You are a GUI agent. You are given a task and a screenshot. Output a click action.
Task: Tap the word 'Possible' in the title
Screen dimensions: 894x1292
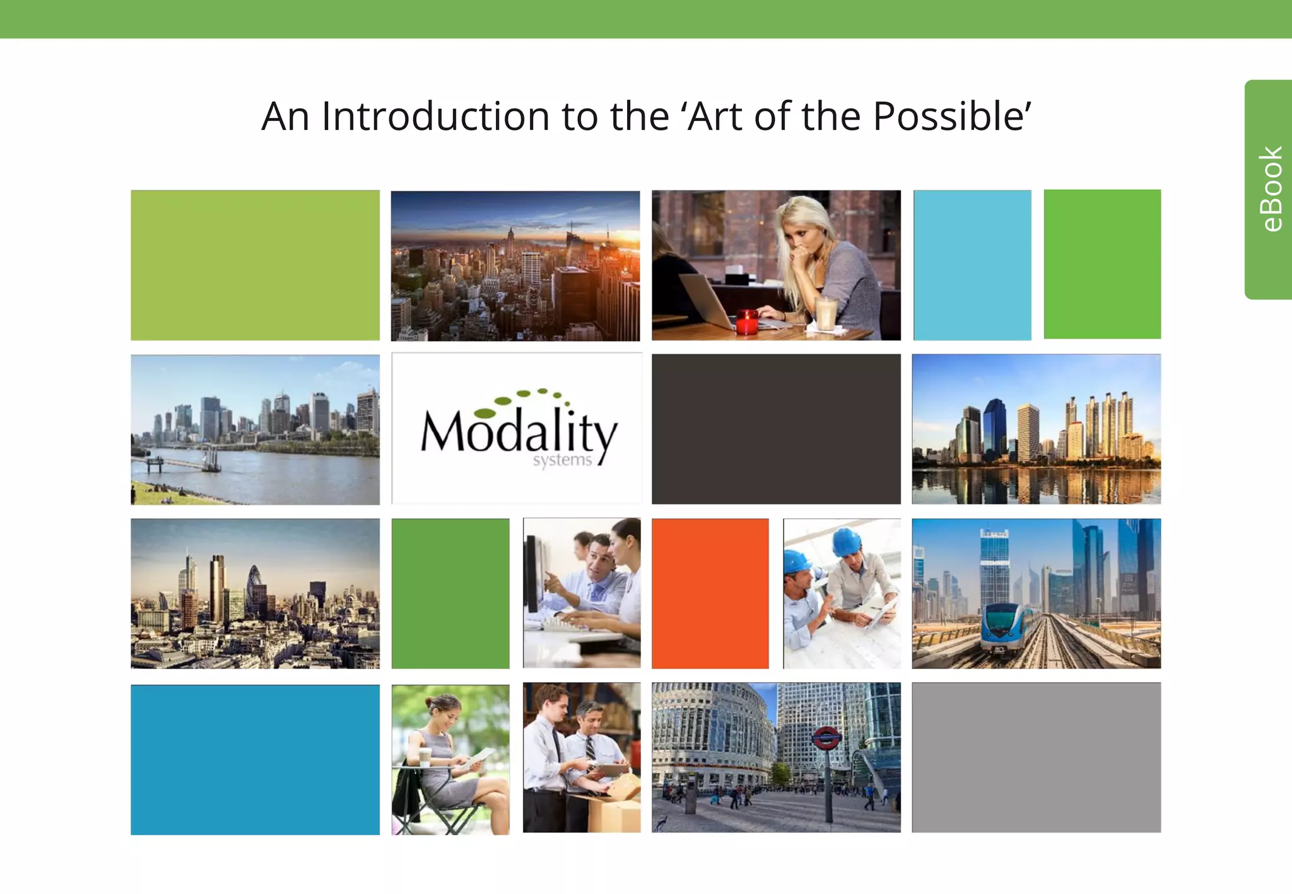click(x=951, y=117)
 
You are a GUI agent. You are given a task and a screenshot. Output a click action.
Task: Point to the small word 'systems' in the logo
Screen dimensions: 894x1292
click(x=562, y=460)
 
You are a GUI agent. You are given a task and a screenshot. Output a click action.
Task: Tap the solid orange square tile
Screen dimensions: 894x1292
click(x=710, y=593)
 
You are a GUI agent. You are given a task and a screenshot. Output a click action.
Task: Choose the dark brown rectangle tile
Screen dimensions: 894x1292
click(x=776, y=429)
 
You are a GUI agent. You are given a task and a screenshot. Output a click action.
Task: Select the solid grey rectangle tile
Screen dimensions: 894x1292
click(x=1036, y=757)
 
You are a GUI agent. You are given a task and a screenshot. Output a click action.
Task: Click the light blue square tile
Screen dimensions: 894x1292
click(x=972, y=265)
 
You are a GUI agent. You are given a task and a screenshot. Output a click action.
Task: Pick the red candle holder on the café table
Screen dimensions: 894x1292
click(x=747, y=322)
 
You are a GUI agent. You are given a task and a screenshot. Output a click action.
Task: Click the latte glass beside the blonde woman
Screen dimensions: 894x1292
click(x=826, y=313)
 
